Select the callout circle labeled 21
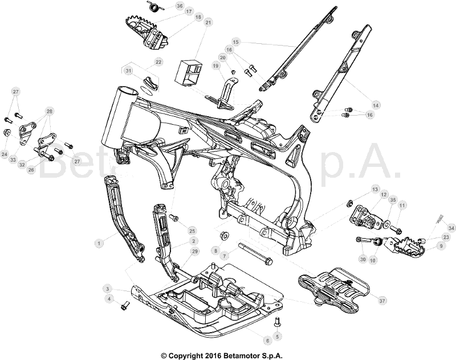[x=208, y=22]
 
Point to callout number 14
[x=376, y=105]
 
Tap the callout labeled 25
[x=192, y=231]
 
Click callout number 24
[x=5, y=154]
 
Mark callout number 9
[x=440, y=246]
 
